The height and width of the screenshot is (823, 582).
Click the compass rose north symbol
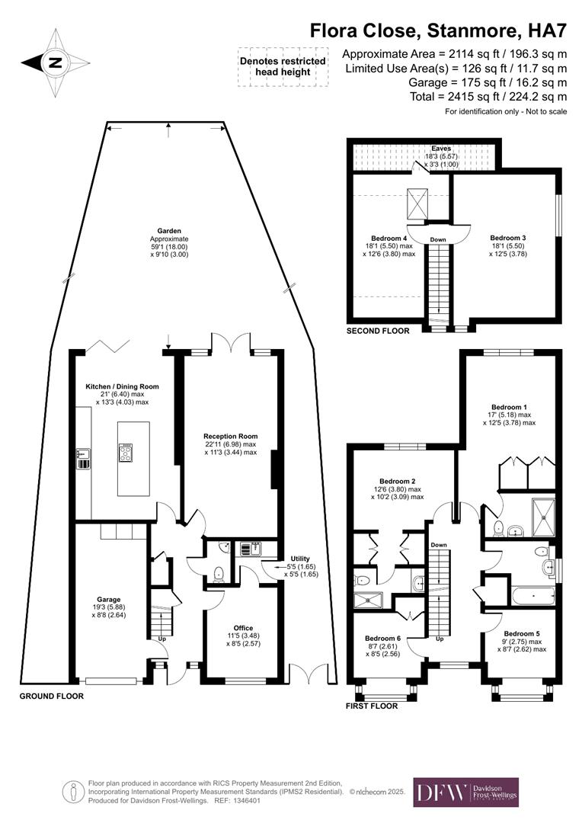tap(55, 63)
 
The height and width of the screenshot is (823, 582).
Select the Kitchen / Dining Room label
tap(122, 386)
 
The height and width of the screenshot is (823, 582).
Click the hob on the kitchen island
tap(126, 453)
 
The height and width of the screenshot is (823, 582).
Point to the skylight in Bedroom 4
tap(418, 203)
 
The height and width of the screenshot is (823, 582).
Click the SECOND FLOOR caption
tap(378, 331)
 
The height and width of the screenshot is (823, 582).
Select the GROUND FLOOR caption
tap(51, 696)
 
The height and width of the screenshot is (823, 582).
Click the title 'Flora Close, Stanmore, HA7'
tap(438, 30)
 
